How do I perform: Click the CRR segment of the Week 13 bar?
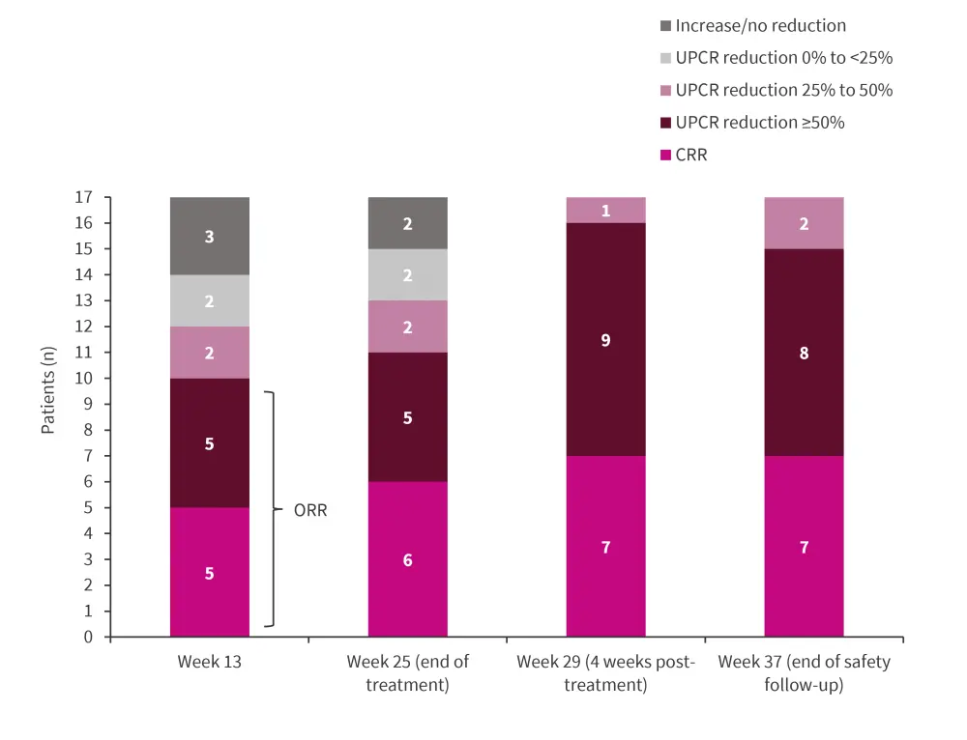coord(210,572)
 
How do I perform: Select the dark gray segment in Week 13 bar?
coord(210,236)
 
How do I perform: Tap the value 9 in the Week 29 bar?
coord(605,340)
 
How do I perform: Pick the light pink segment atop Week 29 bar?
coord(605,211)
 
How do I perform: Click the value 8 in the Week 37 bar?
coord(804,353)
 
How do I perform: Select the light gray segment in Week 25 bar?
coord(407,274)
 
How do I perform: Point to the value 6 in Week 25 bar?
coord(407,559)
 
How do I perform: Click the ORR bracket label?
coord(310,510)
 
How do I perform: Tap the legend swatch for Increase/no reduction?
coord(663,25)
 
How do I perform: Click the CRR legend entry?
coord(691,155)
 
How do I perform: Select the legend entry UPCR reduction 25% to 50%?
coord(783,90)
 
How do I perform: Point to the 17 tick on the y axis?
coord(84,197)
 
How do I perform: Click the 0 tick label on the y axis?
coord(88,637)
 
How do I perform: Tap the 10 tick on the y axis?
coord(84,378)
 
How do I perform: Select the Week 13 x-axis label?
coord(210,662)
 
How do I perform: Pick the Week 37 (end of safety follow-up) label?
coord(804,672)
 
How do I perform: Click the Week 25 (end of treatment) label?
coord(407,672)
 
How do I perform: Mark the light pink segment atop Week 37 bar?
coord(804,223)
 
